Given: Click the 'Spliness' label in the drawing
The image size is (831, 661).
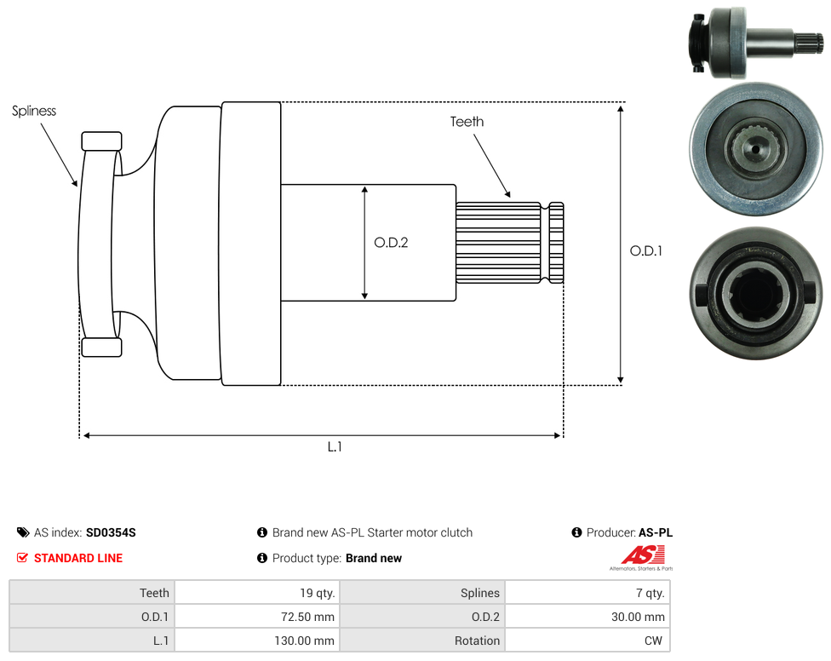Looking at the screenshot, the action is point(34,112).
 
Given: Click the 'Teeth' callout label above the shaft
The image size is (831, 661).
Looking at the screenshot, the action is point(467,122).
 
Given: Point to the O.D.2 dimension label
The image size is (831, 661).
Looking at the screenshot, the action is point(391,243).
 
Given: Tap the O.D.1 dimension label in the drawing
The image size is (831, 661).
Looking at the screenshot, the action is point(646,250).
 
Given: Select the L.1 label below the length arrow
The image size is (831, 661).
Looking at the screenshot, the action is point(335,447).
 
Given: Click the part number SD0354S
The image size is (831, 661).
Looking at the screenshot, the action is point(111,532).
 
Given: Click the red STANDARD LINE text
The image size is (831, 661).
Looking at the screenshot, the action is point(78,558).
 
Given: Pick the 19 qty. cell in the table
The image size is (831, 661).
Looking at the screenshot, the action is point(258,593).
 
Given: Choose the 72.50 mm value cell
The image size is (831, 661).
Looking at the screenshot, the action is point(258,617).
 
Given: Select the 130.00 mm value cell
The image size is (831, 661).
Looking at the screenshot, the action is point(258,641).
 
